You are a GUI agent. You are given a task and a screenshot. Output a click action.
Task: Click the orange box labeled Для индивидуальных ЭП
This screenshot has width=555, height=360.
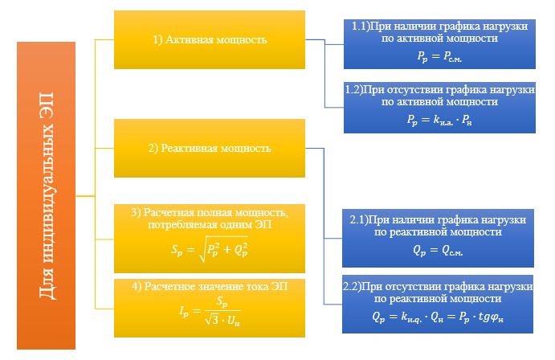pos(46,195)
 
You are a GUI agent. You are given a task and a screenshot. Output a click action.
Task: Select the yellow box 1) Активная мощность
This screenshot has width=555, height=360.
pos(210,39)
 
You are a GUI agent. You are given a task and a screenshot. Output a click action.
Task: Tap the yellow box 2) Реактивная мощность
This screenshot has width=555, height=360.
pos(210,148)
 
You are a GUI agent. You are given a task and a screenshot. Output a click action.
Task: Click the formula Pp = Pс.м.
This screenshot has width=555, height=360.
pos(439,56)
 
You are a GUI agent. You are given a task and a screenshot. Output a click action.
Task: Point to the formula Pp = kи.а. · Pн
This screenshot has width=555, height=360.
pos(439,121)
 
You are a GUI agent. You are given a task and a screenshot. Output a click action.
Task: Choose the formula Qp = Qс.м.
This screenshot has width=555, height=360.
pos(438,251)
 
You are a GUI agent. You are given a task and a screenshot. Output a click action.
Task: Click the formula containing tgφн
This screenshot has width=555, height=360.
pos(438,317)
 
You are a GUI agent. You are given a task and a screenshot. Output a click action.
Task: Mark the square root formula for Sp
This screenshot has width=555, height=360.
pos(209,249)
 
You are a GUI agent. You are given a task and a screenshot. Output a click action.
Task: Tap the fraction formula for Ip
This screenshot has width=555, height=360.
pos(210,312)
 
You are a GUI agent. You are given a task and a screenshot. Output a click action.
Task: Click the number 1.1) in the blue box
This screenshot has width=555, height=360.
pos(360,27)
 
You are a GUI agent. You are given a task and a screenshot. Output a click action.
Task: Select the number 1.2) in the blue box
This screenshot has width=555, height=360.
pos(354,89)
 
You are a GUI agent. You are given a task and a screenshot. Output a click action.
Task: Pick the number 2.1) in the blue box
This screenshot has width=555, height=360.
pos(358,220)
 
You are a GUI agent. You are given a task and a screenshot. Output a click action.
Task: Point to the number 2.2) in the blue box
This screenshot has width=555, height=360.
pos(352,286)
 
